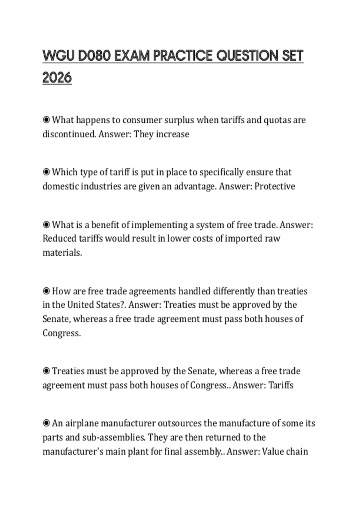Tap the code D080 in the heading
pyautogui.click(x=94, y=56)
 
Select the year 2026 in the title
pyautogui.click(x=57, y=78)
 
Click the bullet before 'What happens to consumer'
pyautogui.click(x=46, y=120)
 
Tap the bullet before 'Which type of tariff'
pyautogui.click(x=46, y=172)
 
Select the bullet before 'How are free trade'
pyautogui.click(x=46, y=291)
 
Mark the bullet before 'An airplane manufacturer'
pyautogui.click(x=46, y=423)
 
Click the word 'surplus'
pyautogui.click(x=179, y=120)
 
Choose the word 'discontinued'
pyautogui.click(x=70, y=134)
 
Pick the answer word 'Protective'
pyautogui.click(x=275, y=186)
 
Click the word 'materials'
pyautogui.click(x=62, y=253)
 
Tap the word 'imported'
pyautogui.click(x=243, y=238)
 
